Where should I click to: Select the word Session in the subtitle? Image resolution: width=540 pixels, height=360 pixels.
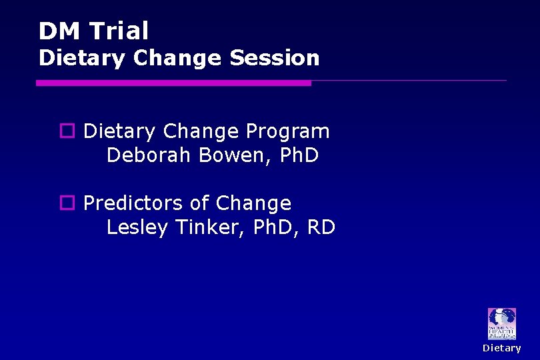point(274,58)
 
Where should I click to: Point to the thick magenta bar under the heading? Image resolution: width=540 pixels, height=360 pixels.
point(173,83)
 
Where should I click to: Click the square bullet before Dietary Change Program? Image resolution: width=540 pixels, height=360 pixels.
point(67,131)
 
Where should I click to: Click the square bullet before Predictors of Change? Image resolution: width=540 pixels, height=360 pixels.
point(67,203)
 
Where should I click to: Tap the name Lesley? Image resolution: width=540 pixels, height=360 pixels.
point(138,227)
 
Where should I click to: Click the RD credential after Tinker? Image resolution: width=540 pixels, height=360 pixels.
point(321,227)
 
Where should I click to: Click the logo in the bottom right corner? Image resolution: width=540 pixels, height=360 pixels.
point(501,324)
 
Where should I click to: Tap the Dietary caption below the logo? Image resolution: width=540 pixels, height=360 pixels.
point(502,348)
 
